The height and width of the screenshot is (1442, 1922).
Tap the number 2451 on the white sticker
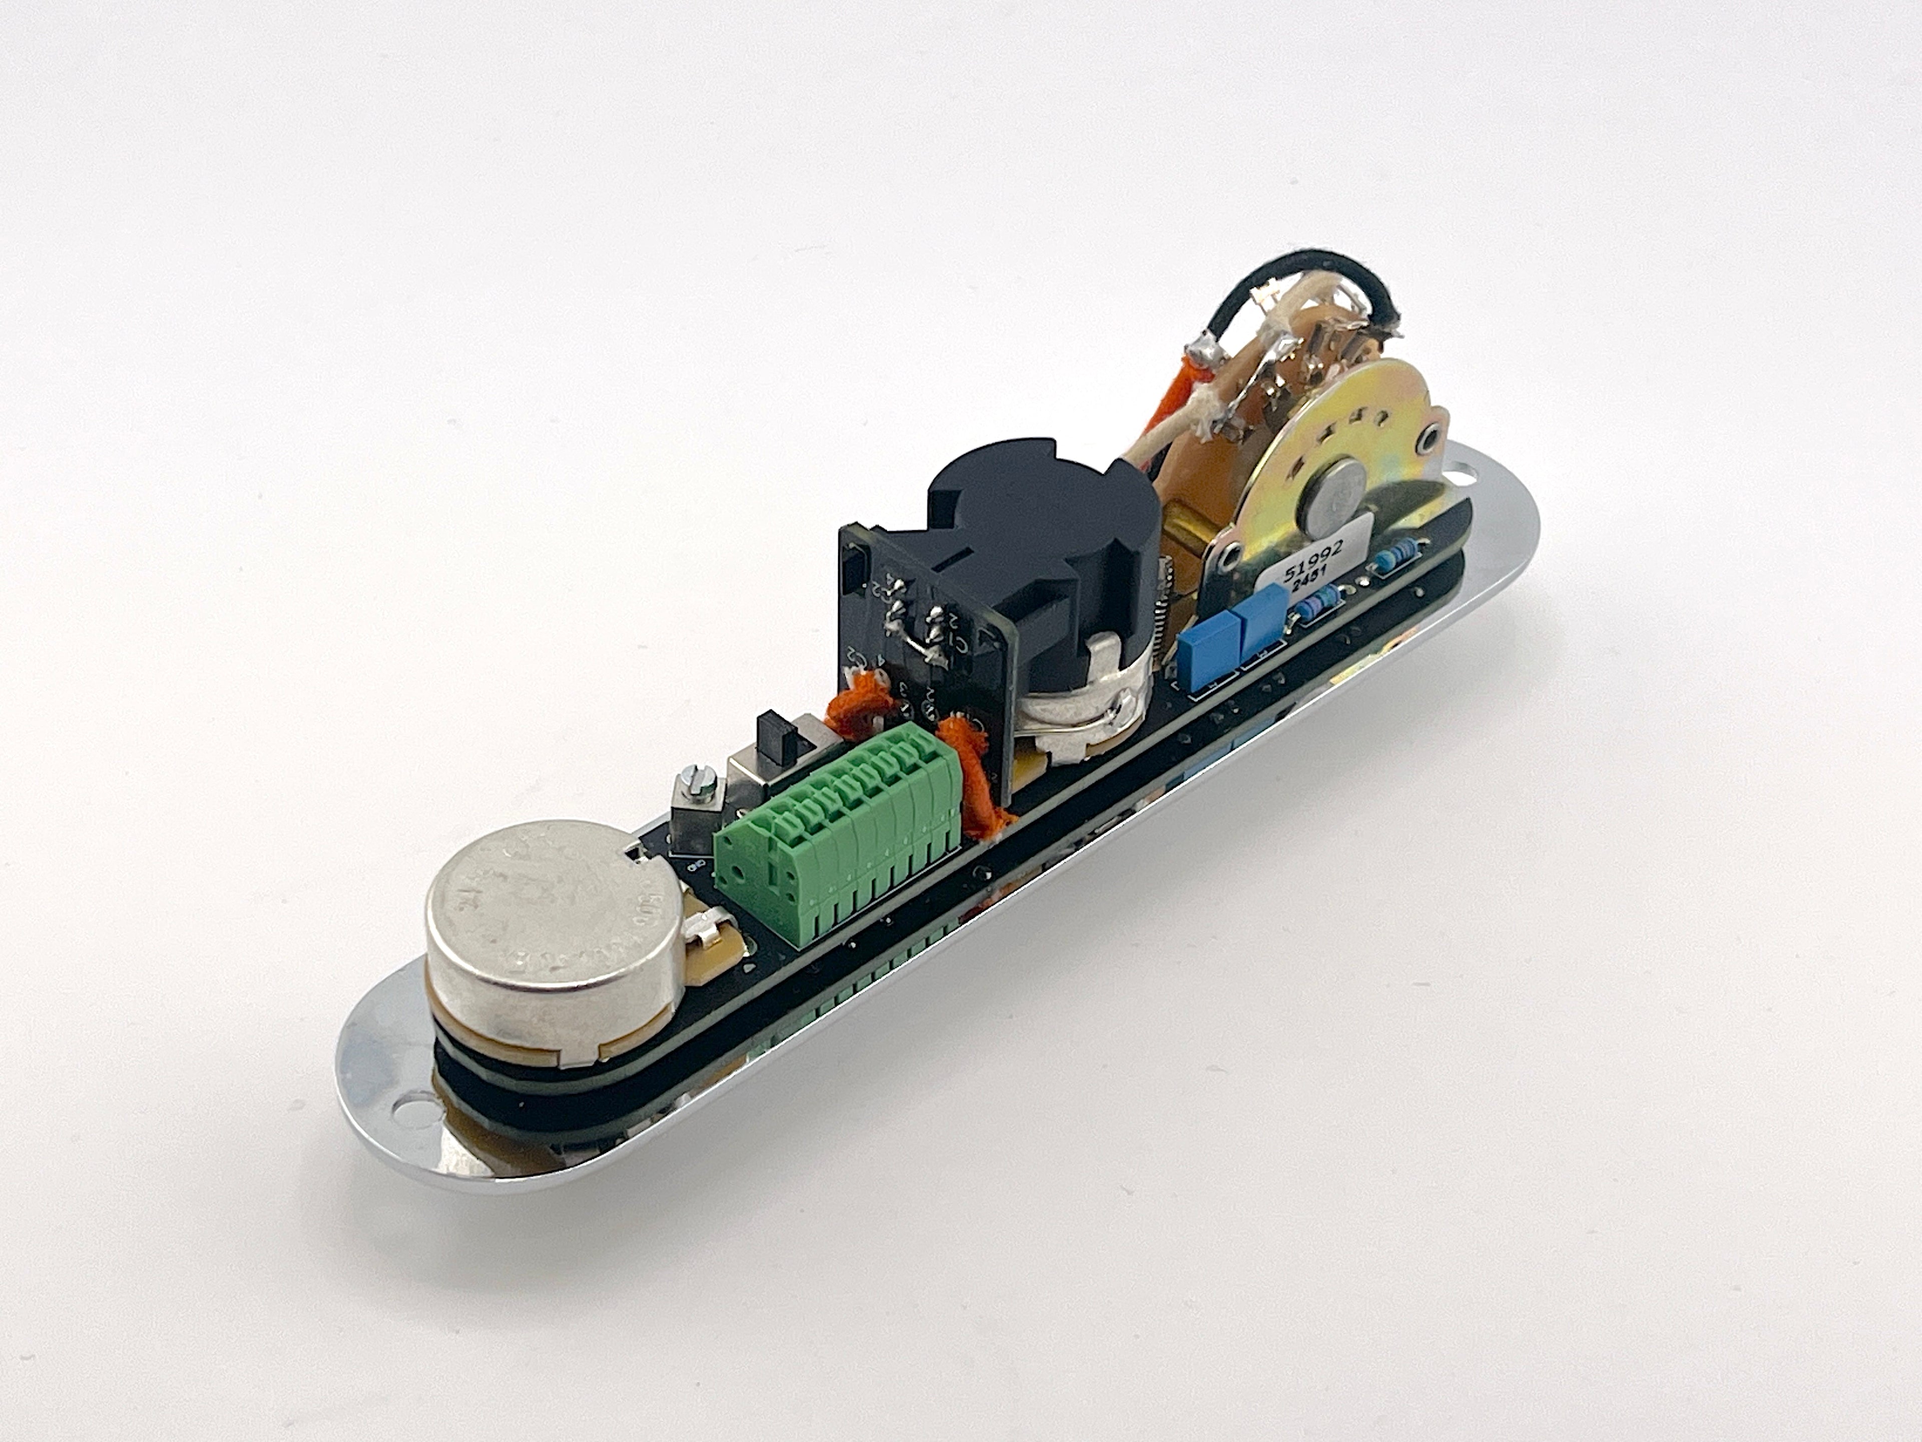click(1303, 584)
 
